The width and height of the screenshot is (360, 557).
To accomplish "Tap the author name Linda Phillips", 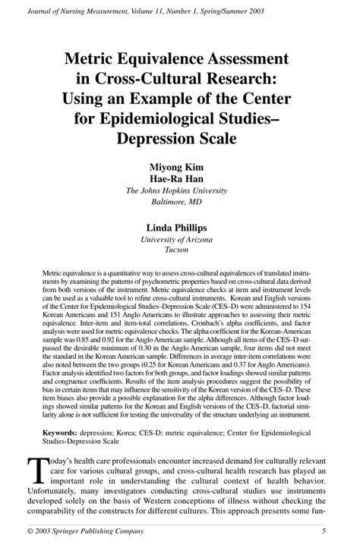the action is tap(180, 227).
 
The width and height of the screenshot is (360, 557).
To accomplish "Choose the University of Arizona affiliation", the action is tap(180, 240).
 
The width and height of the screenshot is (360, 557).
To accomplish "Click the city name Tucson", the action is tap(180, 251).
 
